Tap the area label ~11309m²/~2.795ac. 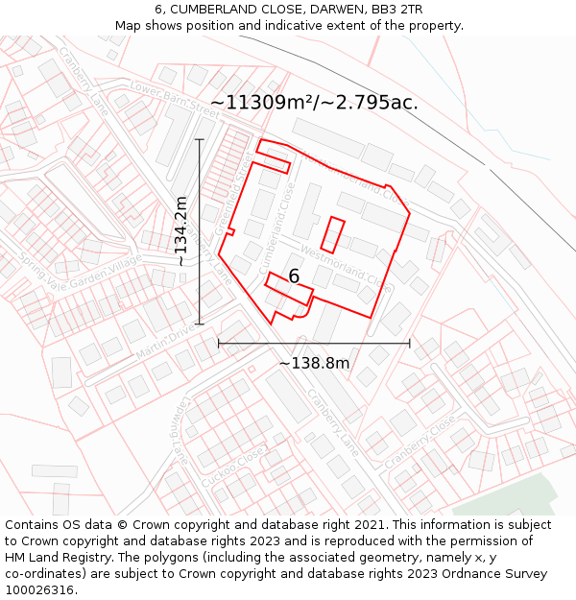pyautogui.click(x=314, y=102)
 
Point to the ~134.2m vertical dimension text pyautogui.click(x=181, y=230)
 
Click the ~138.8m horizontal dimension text pyautogui.click(x=314, y=363)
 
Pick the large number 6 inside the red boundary pyautogui.click(x=294, y=276)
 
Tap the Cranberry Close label pyautogui.click(x=420, y=443)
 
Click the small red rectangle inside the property pyautogui.click(x=332, y=235)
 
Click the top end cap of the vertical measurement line pyautogui.click(x=200, y=139)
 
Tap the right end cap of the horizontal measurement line pyautogui.click(x=410, y=343)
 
